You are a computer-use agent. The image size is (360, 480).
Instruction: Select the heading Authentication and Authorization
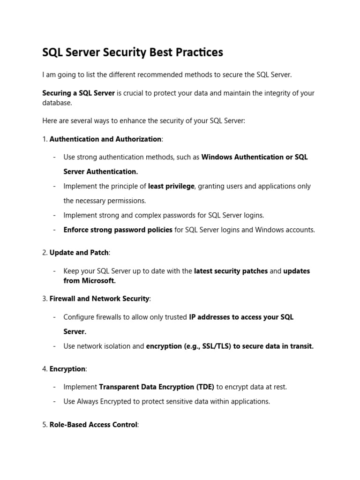click(105, 139)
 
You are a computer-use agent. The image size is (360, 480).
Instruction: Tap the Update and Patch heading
click(79, 253)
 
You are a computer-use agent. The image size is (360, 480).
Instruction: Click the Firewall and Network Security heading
click(99, 299)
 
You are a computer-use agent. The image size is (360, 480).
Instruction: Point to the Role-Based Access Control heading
click(93, 425)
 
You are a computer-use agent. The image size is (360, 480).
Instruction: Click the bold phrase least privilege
click(171, 186)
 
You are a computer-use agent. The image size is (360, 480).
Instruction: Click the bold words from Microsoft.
click(90, 281)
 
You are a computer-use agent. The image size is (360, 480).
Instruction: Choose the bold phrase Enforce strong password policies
click(118, 230)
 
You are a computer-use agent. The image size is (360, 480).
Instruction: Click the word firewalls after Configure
click(108, 317)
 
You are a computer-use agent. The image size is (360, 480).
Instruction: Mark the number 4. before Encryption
click(45, 369)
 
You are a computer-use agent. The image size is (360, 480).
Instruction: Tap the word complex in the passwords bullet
click(147, 215)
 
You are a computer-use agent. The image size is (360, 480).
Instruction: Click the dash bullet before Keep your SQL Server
click(55, 271)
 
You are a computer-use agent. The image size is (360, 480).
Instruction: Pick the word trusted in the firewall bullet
click(175, 317)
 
